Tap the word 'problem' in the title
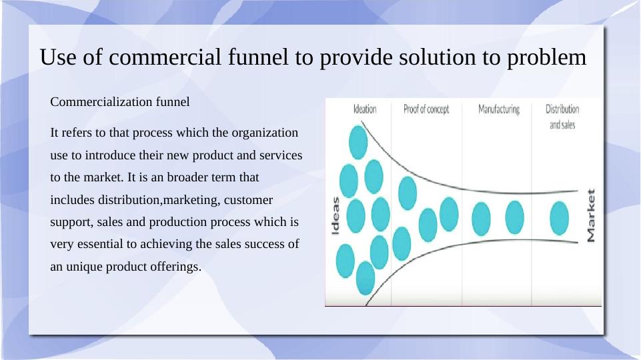(x=546, y=58)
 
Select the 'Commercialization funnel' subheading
(x=120, y=101)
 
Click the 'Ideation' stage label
(x=365, y=109)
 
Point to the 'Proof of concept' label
(x=426, y=109)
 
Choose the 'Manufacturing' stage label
(x=499, y=109)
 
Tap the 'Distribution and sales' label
(x=562, y=117)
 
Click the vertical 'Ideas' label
(x=336, y=216)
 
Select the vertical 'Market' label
(x=591, y=215)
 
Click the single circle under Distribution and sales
(x=559, y=218)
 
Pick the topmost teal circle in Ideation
(x=358, y=142)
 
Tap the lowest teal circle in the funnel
(x=366, y=278)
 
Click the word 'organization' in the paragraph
(x=265, y=133)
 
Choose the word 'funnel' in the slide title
(x=258, y=57)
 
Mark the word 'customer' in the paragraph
(x=248, y=200)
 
